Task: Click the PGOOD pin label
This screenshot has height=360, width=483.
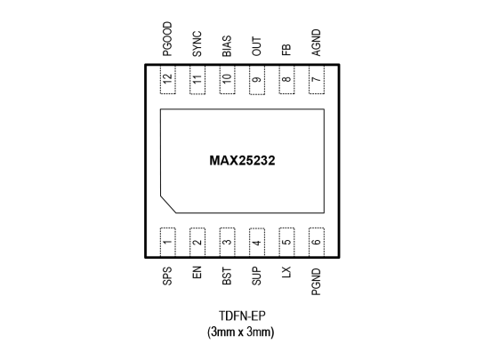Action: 167,39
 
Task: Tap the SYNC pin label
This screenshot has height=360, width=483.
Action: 197,44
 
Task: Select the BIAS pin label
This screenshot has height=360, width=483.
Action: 227,46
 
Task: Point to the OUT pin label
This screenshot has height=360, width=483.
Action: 256,46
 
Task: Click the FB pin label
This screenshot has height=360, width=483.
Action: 286,50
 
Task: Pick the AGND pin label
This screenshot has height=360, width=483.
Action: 317,43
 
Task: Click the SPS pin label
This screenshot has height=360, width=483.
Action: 167,276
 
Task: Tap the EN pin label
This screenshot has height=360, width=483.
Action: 197,273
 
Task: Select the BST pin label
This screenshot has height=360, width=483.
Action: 227,276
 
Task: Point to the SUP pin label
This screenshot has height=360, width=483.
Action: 256,276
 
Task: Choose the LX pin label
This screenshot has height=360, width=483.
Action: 286,272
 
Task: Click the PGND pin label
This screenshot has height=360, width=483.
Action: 317,282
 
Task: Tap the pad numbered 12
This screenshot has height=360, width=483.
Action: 168,79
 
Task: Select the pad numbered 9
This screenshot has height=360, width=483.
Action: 257,79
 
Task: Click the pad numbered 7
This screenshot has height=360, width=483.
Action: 317,79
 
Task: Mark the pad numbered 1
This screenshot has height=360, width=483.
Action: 168,242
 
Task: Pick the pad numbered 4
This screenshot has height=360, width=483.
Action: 257,243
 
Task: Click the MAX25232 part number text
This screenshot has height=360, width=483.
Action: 242,161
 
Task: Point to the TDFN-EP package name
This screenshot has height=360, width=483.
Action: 242,316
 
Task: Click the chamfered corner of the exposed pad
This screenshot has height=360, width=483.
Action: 168,204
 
